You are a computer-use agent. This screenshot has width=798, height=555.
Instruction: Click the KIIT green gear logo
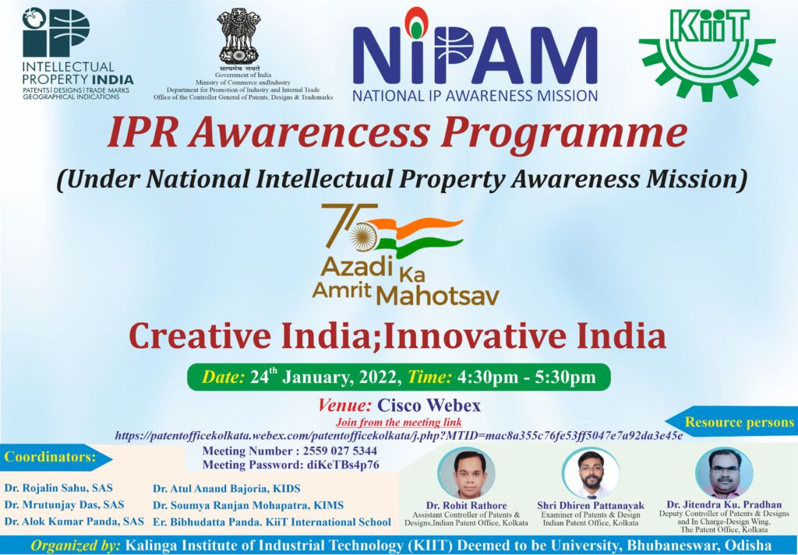click(x=707, y=49)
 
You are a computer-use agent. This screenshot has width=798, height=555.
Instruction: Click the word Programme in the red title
click(x=564, y=134)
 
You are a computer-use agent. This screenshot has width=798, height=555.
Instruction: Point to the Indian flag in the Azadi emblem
click(x=420, y=234)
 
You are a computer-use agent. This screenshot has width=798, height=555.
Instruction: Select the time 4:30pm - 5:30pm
click(x=527, y=378)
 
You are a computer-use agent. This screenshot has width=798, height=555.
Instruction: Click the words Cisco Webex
click(x=429, y=406)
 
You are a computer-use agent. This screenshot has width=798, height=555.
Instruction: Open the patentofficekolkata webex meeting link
click(x=398, y=436)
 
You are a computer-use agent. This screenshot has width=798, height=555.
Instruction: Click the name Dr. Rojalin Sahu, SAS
click(x=58, y=488)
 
